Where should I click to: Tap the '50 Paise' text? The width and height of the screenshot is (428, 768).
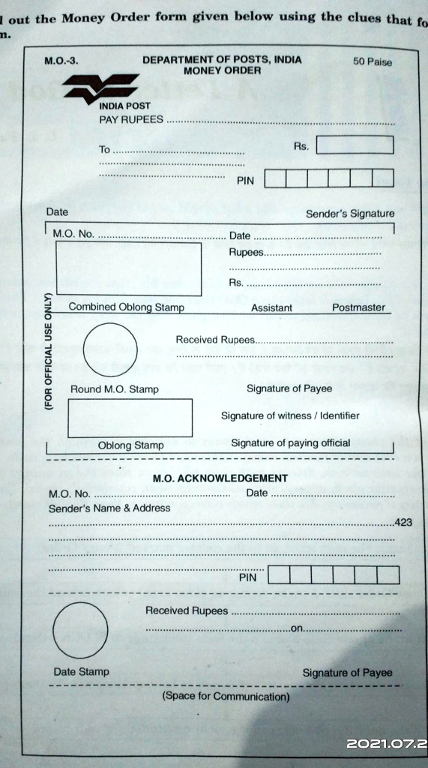[372, 62]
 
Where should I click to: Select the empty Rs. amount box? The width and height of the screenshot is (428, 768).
[355, 145]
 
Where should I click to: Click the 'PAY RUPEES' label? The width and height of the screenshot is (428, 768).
[130, 120]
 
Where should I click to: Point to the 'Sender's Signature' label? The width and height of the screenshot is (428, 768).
[349, 214]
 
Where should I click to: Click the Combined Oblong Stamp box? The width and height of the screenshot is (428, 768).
[128, 268]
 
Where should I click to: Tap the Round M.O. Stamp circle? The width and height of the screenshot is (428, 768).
[110, 349]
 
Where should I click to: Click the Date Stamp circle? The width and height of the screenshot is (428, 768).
[80, 628]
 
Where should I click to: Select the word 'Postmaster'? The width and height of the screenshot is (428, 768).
[358, 307]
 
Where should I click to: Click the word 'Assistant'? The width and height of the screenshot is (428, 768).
[271, 307]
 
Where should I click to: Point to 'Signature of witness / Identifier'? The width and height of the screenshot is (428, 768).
[289, 415]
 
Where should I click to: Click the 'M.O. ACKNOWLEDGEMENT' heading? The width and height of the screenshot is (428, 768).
[220, 478]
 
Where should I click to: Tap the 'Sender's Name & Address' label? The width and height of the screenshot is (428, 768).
[109, 508]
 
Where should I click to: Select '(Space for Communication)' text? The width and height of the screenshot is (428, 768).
[226, 696]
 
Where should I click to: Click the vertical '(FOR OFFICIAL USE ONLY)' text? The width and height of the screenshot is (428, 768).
[49, 351]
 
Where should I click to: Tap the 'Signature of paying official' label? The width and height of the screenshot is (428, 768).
[290, 443]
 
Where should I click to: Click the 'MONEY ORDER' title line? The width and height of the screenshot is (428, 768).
[222, 70]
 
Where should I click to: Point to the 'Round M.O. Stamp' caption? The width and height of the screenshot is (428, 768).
[114, 389]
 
